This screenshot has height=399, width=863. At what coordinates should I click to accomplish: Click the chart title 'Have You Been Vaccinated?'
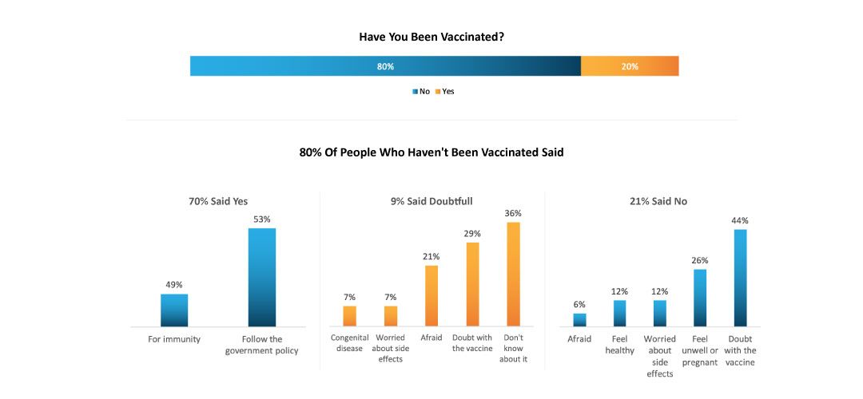click(x=431, y=37)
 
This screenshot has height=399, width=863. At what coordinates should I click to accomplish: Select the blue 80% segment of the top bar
click(x=385, y=66)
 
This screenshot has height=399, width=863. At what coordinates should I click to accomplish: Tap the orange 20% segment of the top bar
click(x=630, y=66)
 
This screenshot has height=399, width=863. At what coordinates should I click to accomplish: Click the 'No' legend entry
click(x=421, y=92)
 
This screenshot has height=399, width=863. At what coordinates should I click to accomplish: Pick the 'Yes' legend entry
click(x=444, y=92)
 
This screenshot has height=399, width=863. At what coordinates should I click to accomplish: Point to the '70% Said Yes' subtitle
click(x=218, y=201)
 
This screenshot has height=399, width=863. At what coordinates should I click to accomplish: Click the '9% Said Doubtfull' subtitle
click(x=431, y=201)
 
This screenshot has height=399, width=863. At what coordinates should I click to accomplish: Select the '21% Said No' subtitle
click(x=658, y=201)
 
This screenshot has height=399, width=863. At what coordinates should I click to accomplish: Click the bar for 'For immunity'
click(x=174, y=310)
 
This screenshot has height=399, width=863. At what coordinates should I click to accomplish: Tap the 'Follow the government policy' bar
click(x=262, y=278)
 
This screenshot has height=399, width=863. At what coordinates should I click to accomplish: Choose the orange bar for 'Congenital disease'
click(x=349, y=316)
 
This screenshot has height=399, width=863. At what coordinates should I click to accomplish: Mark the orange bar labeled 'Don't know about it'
click(x=513, y=274)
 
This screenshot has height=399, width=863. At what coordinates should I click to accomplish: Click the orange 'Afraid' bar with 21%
click(x=431, y=295)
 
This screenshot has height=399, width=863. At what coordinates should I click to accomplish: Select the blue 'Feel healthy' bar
click(x=620, y=314)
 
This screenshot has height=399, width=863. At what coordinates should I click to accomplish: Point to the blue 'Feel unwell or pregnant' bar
click(x=700, y=298)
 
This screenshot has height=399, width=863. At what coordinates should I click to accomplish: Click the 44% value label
click(x=739, y=220)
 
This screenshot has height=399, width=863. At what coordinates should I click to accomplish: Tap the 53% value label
click(x=262, y=219)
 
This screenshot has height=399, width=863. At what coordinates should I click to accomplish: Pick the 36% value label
click(x=513, y=213)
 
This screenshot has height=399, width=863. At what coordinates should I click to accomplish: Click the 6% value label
click(x=579, y=304)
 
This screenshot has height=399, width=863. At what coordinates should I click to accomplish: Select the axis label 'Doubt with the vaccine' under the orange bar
click(x=472, y=343)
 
